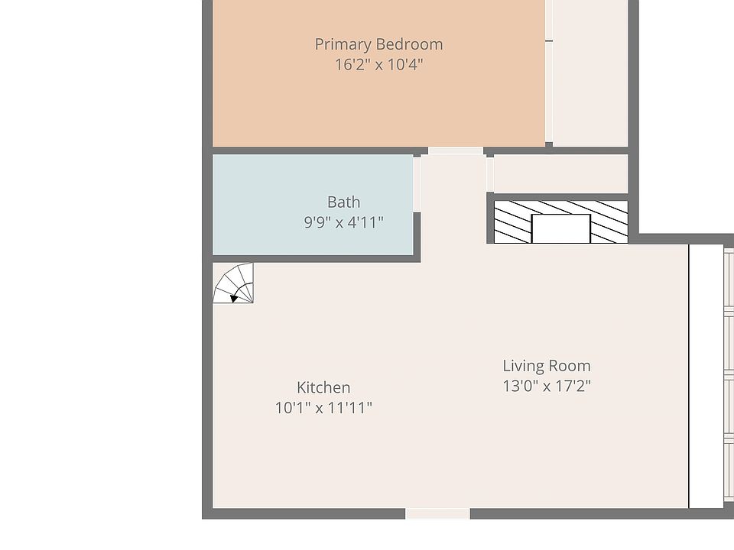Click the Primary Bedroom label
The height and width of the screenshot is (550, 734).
click(x=378, y=44)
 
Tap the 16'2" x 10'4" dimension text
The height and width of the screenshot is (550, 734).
click(x=378, y=64)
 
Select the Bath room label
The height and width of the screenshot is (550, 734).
click(x=343, y=202)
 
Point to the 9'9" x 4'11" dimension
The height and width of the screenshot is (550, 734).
click(x=343, y=223)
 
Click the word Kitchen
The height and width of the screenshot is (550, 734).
click(x=323, y=388)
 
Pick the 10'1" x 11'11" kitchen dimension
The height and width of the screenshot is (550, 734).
click(x=323, y=408)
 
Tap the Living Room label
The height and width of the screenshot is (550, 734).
click(x=546, y=366)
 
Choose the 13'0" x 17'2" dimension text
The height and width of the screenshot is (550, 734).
click(x=546, y=386)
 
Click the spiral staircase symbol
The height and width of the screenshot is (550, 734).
click(x=233, y=283)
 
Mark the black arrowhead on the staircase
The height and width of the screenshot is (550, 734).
click(x=235, y=297)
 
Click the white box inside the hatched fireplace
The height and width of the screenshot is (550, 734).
click(x=560, y=228)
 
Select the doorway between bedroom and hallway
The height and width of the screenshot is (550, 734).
click(x=455, y=151)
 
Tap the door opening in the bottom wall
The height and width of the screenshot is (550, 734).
click(x=437, y=513)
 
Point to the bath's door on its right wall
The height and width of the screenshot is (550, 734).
click(x=417, y=183)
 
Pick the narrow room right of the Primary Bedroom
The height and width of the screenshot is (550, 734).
click(x=589, y=73)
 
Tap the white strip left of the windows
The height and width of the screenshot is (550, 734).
click(x=706, y=374)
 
